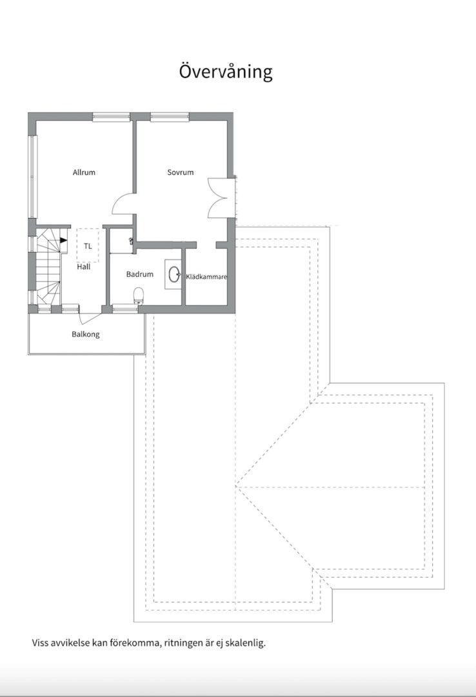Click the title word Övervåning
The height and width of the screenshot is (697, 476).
point(226,71)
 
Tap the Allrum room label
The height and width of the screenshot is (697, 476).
point(84,172)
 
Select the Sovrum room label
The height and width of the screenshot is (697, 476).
point(181,172)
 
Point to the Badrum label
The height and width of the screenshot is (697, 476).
point(139,274)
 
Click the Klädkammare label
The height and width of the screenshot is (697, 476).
point(206,276)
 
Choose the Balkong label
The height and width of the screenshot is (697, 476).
point(86,334)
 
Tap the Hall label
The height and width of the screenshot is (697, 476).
point(84,267)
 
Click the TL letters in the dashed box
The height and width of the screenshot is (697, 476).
point(88,246)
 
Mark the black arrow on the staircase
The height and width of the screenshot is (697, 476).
point(64,241)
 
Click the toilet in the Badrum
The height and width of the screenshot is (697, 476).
point(139,296)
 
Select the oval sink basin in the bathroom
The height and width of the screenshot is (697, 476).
point(174,275)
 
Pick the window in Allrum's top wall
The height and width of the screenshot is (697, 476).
point(111,117)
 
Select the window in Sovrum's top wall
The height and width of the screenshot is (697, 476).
point(170,117)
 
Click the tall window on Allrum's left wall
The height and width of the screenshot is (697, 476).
point(32,176)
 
